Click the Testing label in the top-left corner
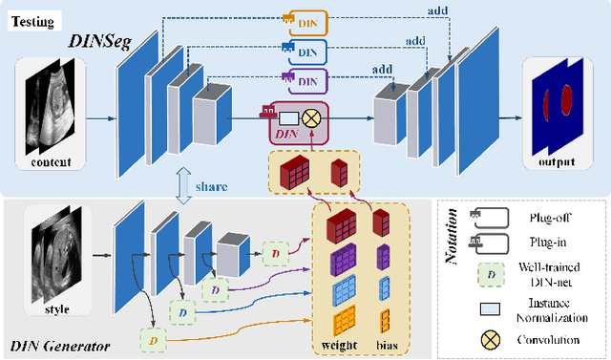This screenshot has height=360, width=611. [36, 19]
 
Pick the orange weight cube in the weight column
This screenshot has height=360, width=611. [343, 322]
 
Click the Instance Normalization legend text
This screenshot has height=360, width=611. [551, 309]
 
